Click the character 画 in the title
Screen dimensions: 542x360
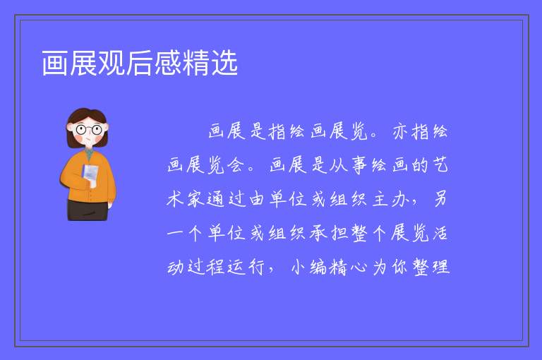pos(55,63)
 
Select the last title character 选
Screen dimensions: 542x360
pos(224,63)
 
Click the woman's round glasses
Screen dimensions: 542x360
pos(88,130)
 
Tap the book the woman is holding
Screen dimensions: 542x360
pos(90,174)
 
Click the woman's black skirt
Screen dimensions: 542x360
pos(88,210)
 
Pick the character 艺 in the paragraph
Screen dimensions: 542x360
pos(440,165)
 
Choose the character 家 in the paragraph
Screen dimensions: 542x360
pos(195,200)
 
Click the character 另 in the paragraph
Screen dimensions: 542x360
pos(440,200)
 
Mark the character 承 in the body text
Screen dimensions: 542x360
pos(318,234)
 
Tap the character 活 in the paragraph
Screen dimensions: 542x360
pos(440,234)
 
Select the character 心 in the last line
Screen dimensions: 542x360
pos(358,268)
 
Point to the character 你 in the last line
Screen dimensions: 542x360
pos(399,268)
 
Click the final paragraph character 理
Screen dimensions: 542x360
pos(440,268)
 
